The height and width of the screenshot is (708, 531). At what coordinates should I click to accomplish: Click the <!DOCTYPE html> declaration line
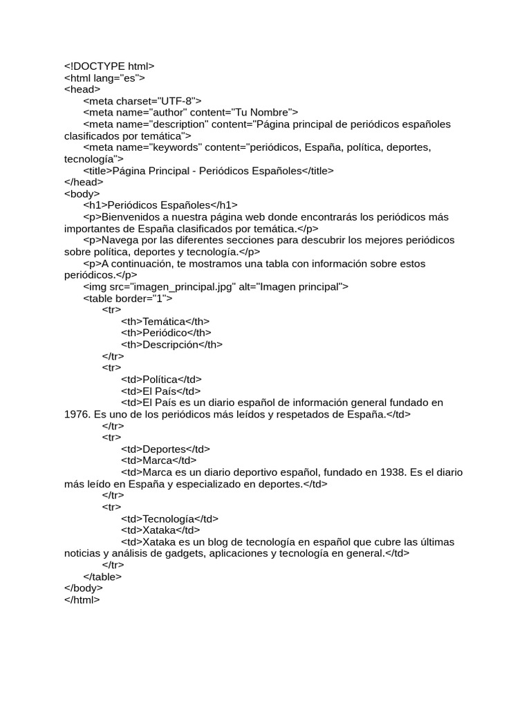coord(109,66)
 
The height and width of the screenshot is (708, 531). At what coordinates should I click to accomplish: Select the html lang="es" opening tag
coord(104,77)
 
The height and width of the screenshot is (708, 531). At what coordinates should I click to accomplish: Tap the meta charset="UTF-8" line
coord(142,101)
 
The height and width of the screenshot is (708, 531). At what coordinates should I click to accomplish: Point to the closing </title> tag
coord(318,171)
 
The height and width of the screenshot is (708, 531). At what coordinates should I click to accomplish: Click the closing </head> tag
coord(82,183)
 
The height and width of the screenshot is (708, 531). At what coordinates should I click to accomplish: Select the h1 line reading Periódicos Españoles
coord(160,205)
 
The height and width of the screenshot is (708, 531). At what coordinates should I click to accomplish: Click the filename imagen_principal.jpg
coord(180,287)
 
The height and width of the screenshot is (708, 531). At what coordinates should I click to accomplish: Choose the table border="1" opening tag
coord(127,299)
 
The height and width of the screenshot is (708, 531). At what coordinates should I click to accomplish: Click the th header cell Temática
coord(165,322)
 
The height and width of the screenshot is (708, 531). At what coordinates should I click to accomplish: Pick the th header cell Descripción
coord(171,345)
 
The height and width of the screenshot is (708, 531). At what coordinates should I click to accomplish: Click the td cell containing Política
coord(162,380)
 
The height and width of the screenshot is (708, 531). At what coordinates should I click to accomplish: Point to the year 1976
coord(75,415)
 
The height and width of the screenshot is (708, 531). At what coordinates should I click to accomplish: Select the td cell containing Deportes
coord(165,449)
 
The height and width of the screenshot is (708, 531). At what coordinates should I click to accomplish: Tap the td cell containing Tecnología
coord(170,519)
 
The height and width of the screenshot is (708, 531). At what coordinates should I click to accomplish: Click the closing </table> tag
coord(102,577)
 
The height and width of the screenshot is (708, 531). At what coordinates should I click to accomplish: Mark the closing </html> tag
coord(82,600)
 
